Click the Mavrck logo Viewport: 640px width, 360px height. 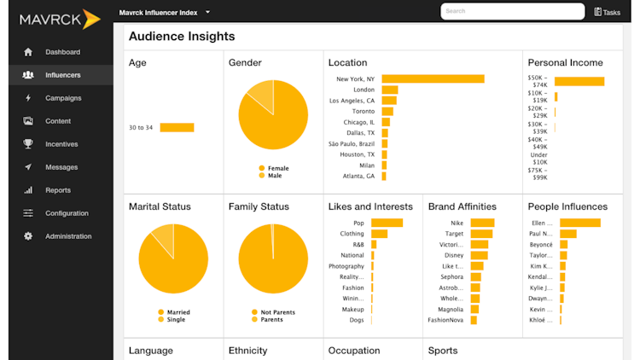[x=60, y=18]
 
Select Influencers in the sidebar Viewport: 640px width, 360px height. [x=62, y=75]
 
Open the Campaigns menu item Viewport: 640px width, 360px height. [x=63, y=98]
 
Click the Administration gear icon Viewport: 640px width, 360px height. [x=28, y=236]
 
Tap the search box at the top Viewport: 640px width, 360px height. [x=512, y=11]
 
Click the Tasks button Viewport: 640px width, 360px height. [x=608, y=12]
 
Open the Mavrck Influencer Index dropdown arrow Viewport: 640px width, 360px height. [x=207, y=12]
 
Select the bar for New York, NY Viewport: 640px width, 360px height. [x=433, y=79]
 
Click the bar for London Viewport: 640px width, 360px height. [x=390, y=90]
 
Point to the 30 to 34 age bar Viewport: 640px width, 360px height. [x=177, y=128]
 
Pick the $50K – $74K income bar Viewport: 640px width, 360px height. [x=579, y=82]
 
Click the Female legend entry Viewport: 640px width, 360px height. [x=273, y=169]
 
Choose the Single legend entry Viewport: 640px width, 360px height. [x=173, y=319]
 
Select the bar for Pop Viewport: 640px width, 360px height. [x=387, y=223]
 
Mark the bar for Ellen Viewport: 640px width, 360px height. [x=580, y=223]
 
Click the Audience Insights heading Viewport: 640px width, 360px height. [x=182, y=37]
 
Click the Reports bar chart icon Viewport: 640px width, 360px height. [x=28, y=190]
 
